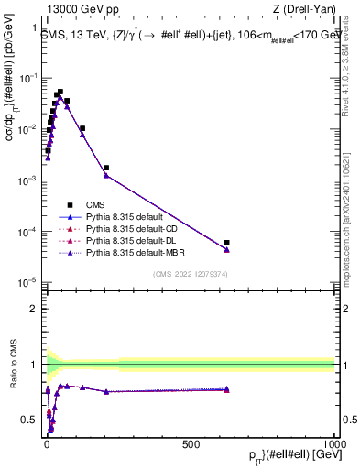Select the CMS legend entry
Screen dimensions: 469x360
(x=98, y=205)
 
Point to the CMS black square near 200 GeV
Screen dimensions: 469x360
(x=106, y=169)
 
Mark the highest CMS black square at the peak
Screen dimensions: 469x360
(x=60, y=92)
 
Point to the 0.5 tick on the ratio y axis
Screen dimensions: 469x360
(x=33, y=420)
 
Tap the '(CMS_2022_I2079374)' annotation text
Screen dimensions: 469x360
(x=190, y=273)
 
